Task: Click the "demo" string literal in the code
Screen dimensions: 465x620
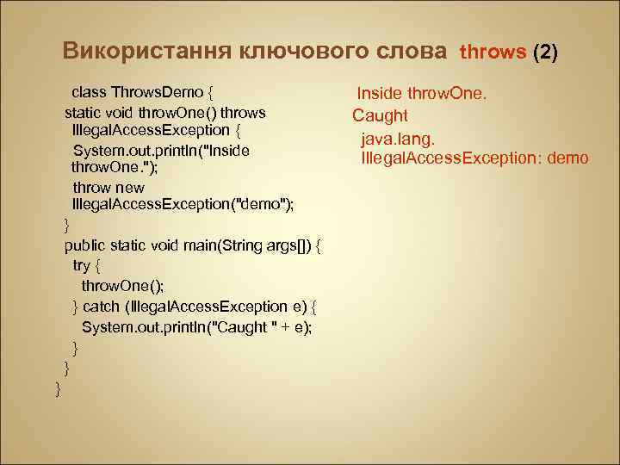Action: (x=263, y=204)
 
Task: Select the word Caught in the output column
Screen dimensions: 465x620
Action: (x=380, y=115)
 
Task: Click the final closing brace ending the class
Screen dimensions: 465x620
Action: (x=58, y=389)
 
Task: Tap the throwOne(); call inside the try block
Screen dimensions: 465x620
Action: (x=122, y=286)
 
